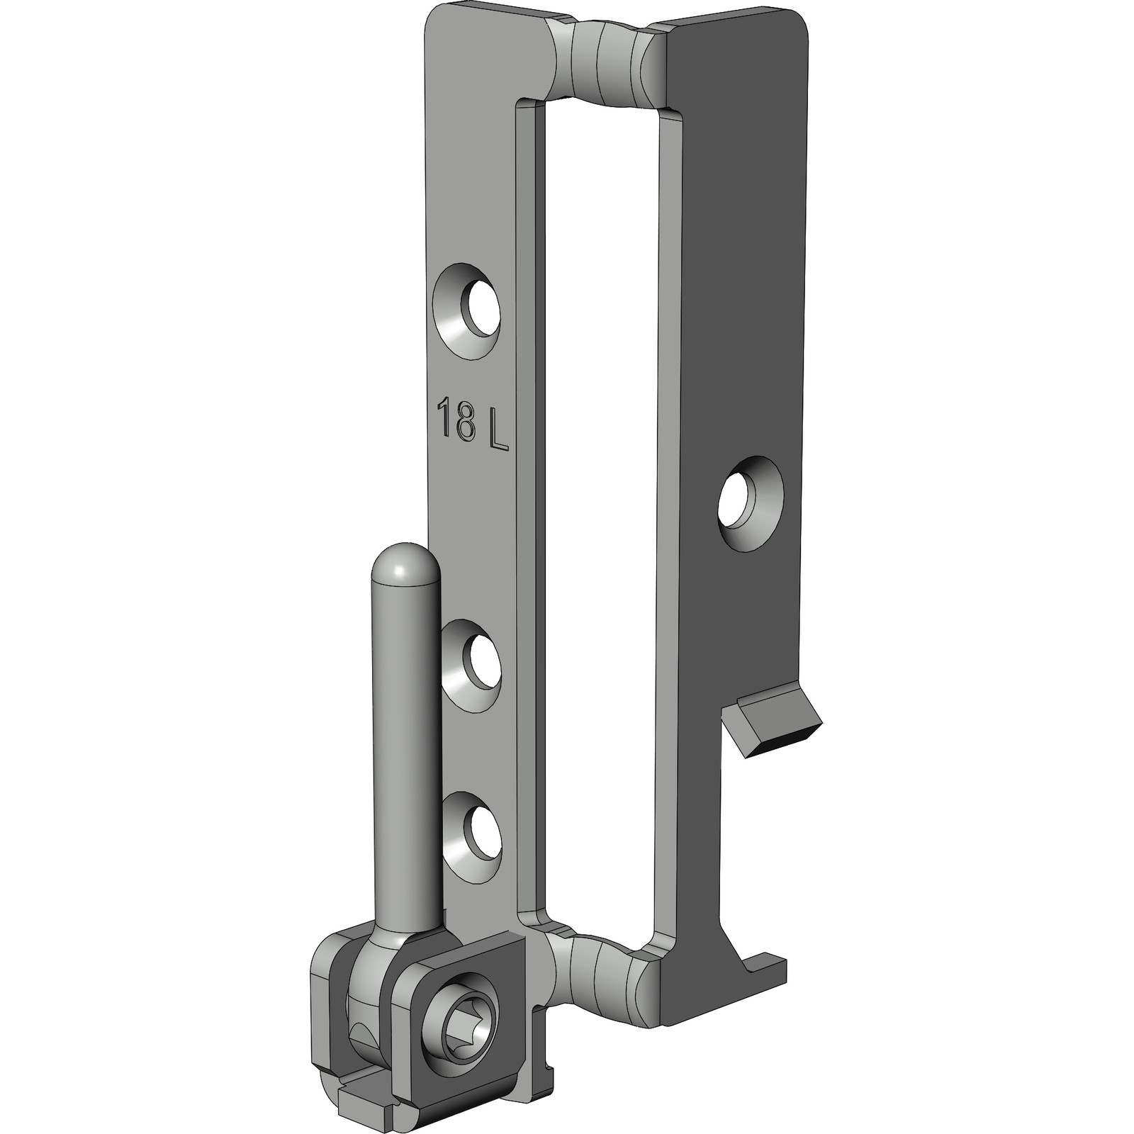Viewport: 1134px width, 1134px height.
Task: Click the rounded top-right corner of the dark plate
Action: coord(797,25)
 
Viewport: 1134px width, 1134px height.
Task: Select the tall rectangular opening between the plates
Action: coord(602,496)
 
